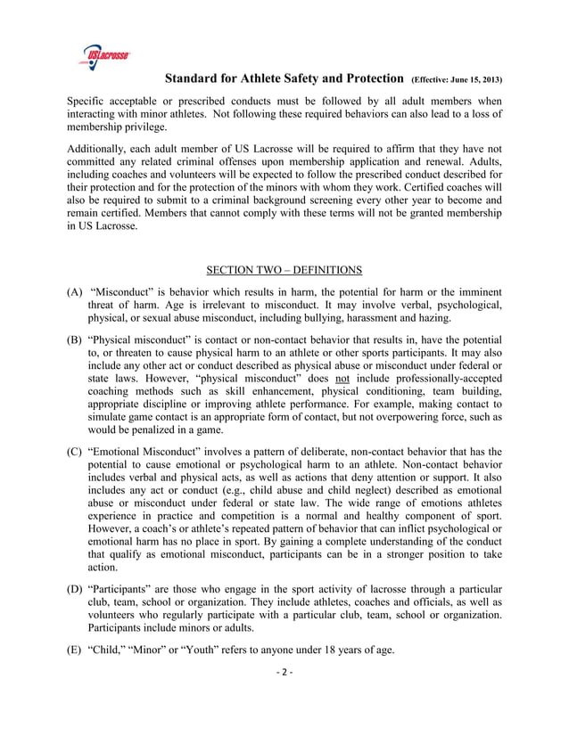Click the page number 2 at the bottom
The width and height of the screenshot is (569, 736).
[x=284, y=672]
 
